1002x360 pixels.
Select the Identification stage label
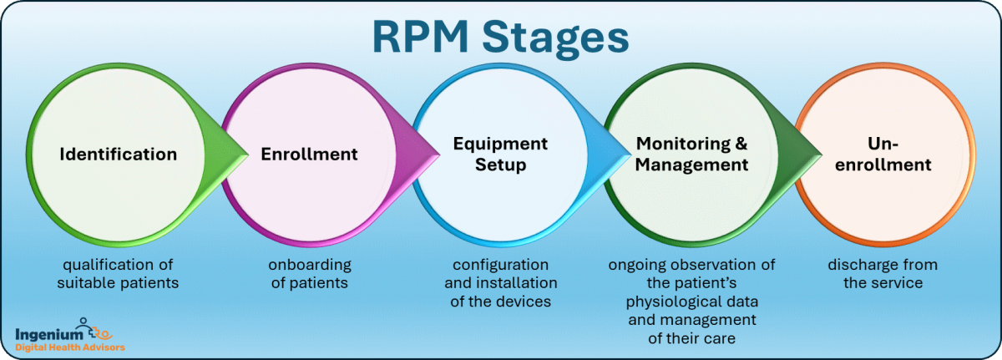tap(118, 155)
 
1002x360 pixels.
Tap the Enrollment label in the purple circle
tap(309, 155)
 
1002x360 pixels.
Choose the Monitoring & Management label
tap(691, 155)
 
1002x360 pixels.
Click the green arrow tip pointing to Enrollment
tap(242, 155)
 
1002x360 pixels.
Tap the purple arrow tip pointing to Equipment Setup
tap(433, 155)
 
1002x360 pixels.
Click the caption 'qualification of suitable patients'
tap(118, 274)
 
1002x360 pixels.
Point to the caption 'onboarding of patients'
tap(309, 274)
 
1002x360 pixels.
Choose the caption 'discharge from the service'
tap(883, 274)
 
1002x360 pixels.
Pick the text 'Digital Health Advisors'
tap(70, 347)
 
